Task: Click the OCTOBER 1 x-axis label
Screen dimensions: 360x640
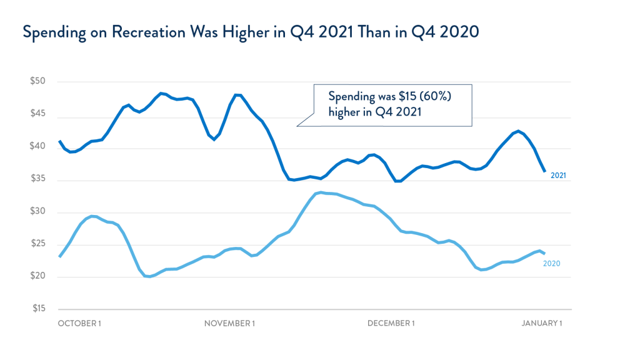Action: pos(79,323)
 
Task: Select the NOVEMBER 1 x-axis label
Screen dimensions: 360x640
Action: pos(229,323)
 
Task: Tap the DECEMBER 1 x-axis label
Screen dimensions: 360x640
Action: pos(391,323)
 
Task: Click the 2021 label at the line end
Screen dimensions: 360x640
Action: pos(558,176)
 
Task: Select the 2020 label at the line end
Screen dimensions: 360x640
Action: pos(551,264)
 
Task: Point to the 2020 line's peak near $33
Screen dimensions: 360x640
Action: pos(321,192)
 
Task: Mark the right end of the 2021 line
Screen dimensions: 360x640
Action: pos(544,171)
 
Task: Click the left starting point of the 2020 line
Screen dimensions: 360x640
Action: pos(59,256)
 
